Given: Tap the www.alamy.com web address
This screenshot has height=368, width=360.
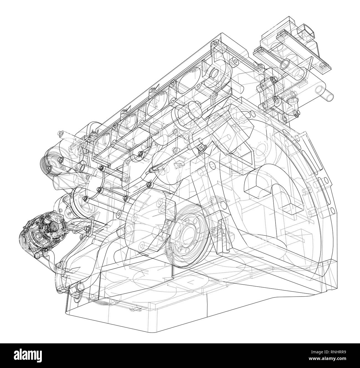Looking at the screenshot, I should (326, 360).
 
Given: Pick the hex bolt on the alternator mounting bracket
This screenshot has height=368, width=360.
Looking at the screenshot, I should (88, 228).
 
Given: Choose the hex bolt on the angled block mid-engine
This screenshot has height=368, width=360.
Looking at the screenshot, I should (200, 150).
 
